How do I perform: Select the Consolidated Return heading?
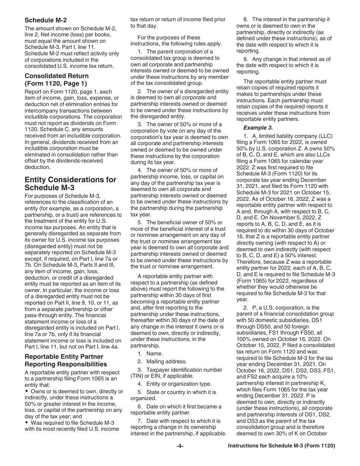click(x=56, y=80)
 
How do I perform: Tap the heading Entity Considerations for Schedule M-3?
click(x=70, y=183)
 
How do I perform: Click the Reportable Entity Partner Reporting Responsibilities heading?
click(x=64, y=360)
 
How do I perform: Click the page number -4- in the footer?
click(x=180, y=446)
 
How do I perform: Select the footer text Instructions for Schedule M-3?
click(x=281, y=446)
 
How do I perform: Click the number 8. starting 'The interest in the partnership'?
click(x=246, y=19)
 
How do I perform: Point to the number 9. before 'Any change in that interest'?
click(x=246, y=59)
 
